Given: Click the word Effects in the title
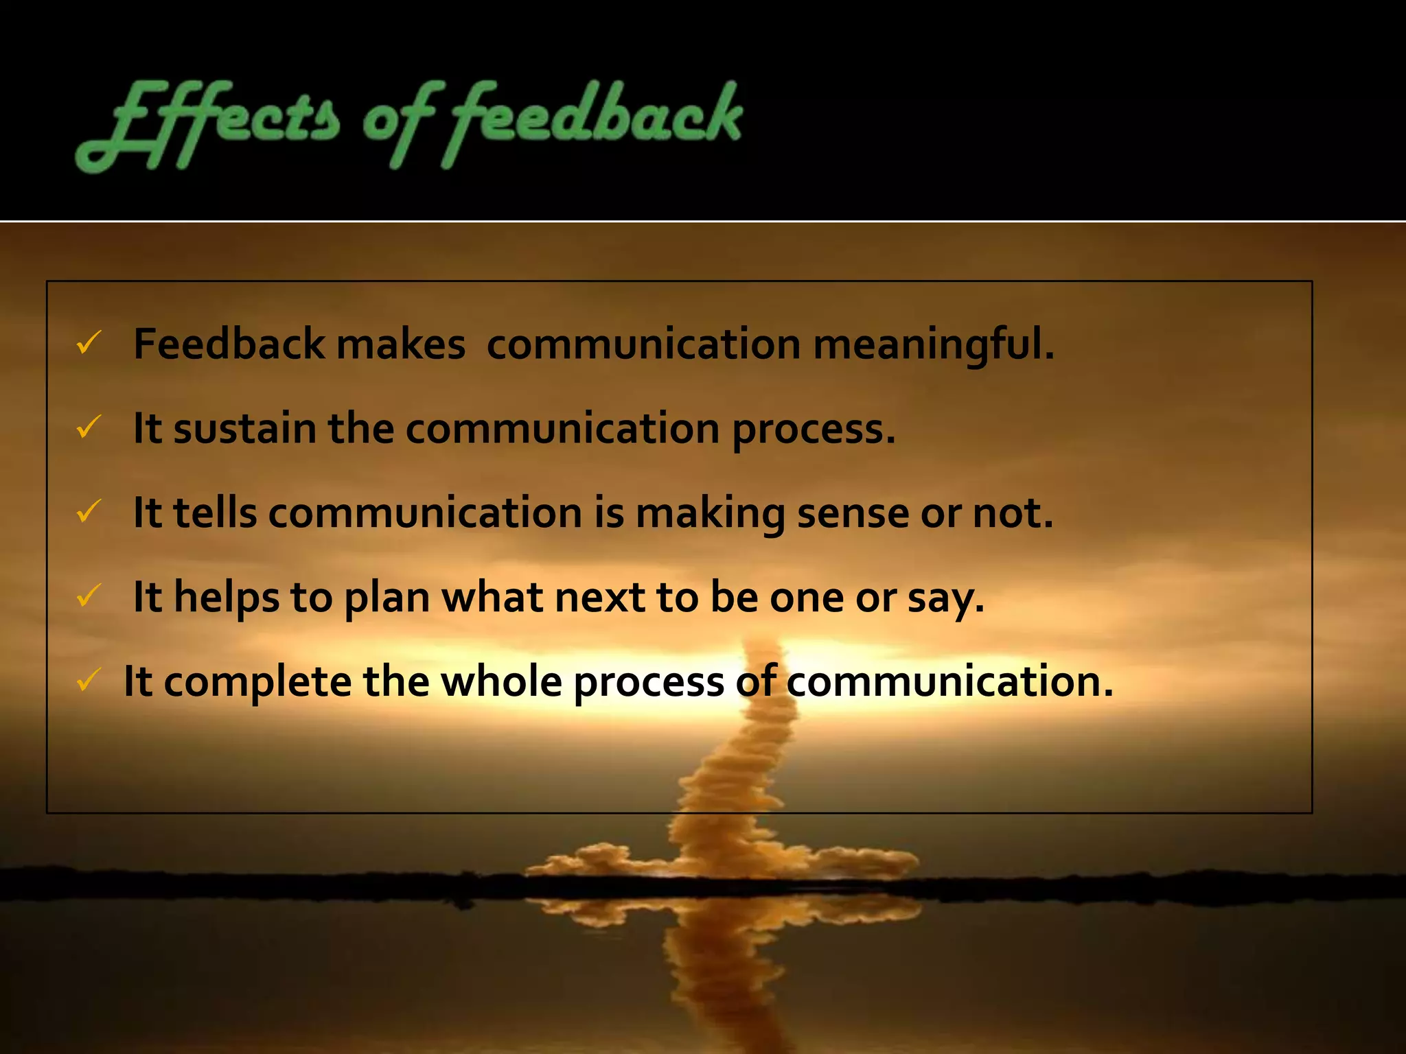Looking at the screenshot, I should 206,124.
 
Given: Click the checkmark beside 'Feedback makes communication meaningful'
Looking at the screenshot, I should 89,342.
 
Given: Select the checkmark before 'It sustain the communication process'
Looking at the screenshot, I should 89,427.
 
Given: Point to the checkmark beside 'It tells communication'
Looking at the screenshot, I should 89,511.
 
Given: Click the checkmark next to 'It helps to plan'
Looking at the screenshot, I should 89,596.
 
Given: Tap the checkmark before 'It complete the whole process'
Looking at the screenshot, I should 89,680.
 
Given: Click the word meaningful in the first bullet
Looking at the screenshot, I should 934,344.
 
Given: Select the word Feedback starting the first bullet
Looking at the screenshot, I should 229,344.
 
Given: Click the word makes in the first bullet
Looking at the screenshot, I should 401,344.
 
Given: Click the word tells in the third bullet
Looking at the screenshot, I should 215,513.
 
